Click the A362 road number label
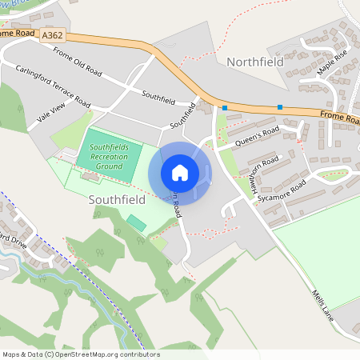(53, 35)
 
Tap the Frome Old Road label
(78, 62)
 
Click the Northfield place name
(256, 62)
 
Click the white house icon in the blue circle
(180, 173)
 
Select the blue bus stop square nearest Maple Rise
(280, 107)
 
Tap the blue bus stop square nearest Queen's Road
(226, 107)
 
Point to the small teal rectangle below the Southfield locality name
(136, 222)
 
